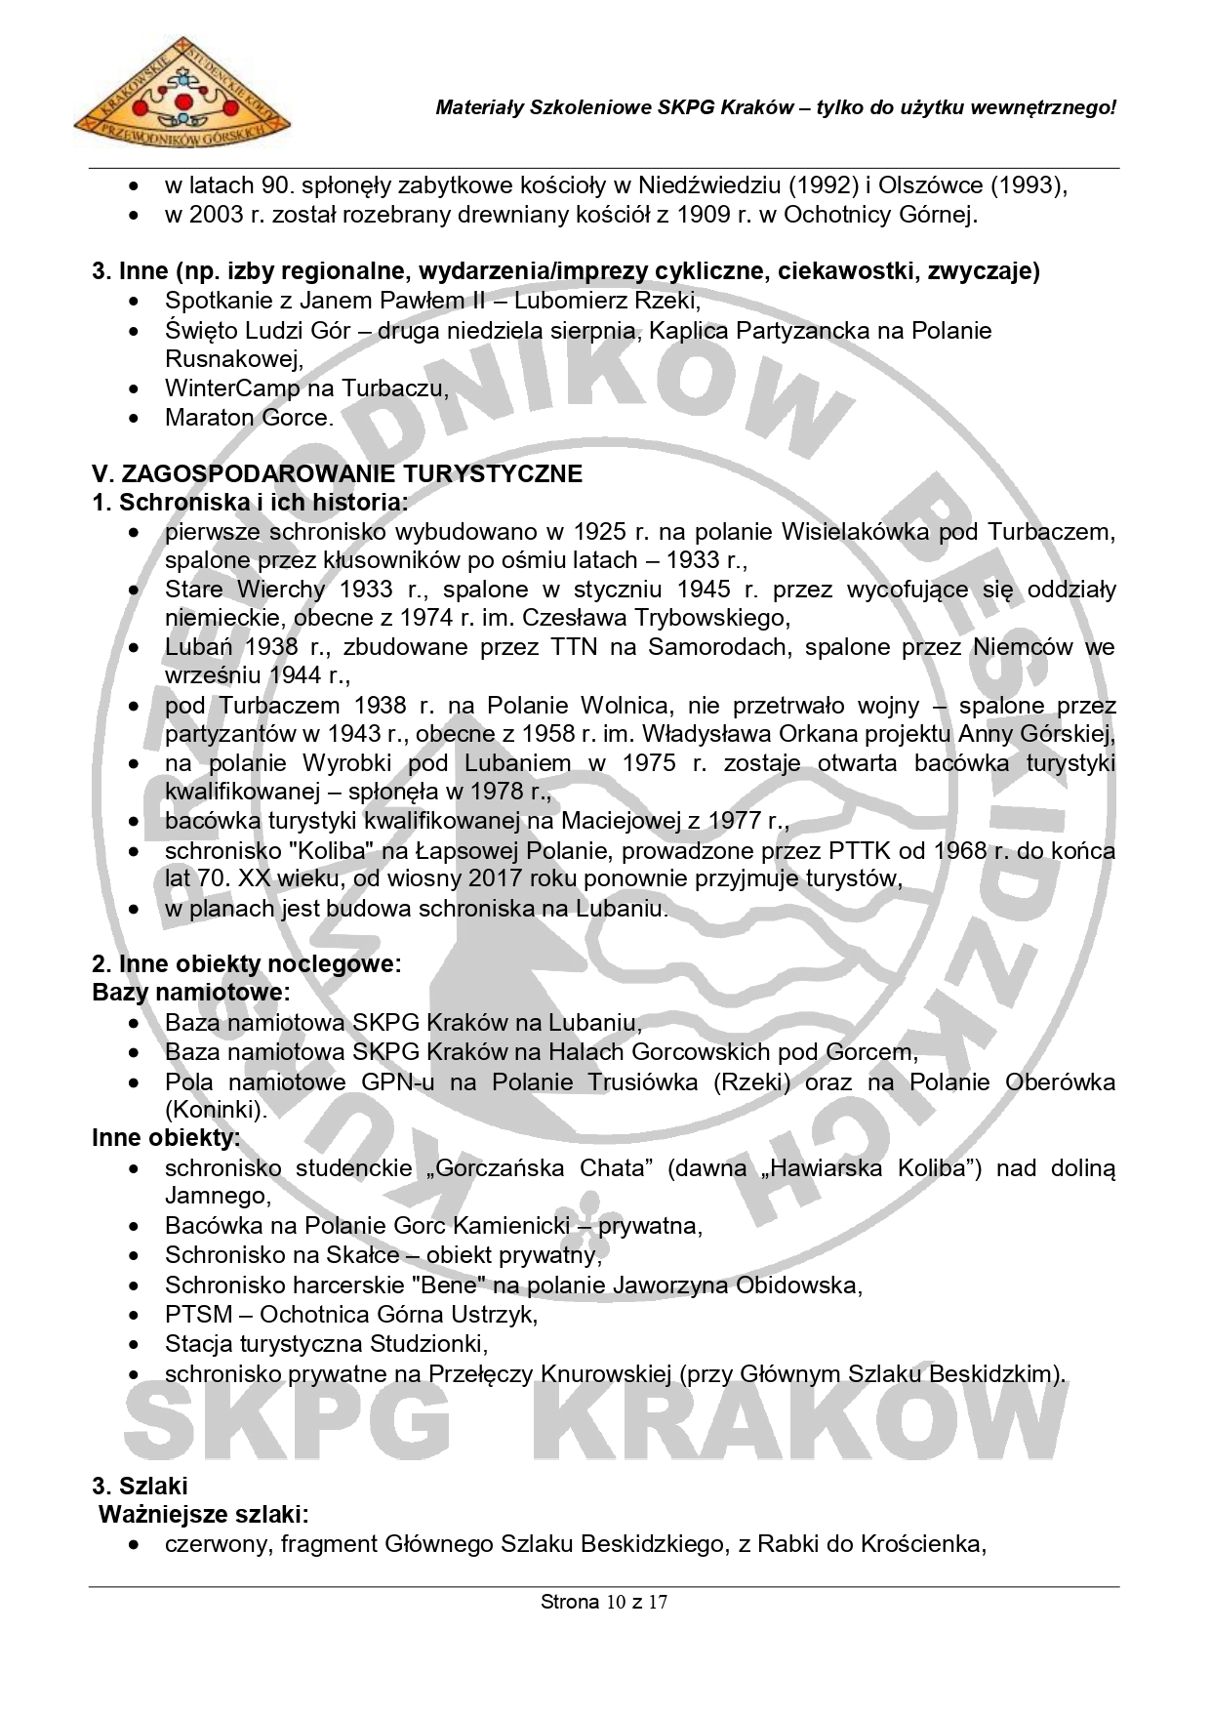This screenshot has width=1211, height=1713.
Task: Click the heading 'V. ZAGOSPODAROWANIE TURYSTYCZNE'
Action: point(337,474)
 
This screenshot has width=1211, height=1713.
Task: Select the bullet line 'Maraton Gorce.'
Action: point(249,418)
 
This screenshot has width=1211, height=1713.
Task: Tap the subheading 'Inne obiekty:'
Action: point(165,1138)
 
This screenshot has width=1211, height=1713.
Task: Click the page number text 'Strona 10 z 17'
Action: point(604,1602)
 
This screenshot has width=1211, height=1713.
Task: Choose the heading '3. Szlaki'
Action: point(140,1487)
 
